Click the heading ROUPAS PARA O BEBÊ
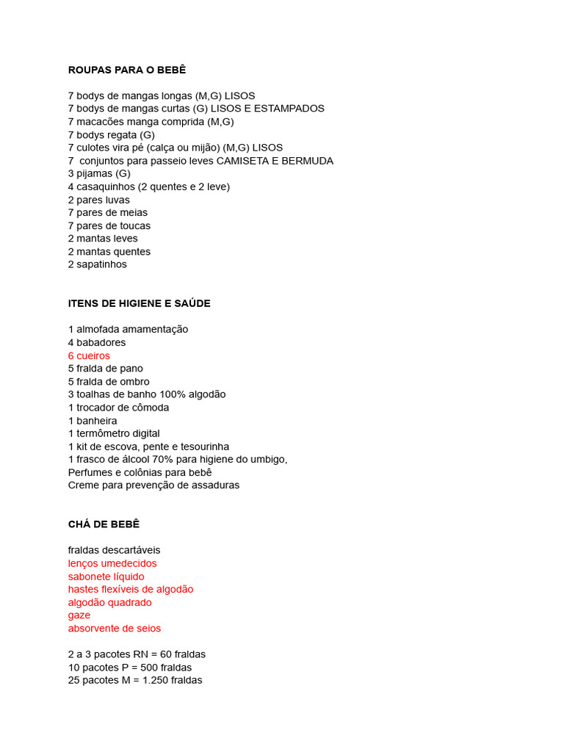point(127,70)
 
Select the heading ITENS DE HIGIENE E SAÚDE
point(139,303)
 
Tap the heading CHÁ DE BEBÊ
point(104,524)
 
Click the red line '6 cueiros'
point(89,355)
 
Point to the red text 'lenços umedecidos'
point(112,563)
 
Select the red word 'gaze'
point(79,615)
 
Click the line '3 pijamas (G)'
point(99,174)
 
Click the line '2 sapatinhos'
point(97,264)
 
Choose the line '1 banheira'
point(93,421)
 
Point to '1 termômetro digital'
point(114,433)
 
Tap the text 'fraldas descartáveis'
point(114,550)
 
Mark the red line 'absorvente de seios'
point(115,629)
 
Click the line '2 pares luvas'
point(98,200)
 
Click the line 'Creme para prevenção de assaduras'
point(153,485)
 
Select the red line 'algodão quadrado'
point(110,602)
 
